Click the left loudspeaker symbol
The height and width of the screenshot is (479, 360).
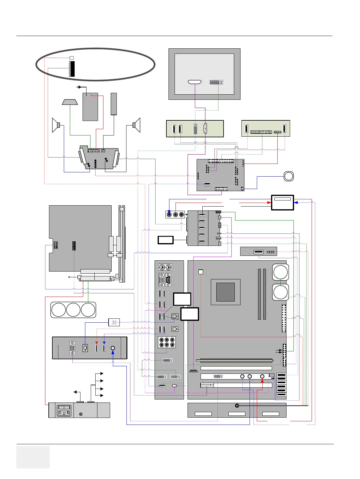[x=56, y=125]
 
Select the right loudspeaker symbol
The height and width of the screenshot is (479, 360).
[x=137, y=125]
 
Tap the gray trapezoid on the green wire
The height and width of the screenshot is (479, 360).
[x=70, y=102]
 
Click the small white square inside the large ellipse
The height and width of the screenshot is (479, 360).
[x=72, y=58]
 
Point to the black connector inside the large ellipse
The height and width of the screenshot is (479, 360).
[x=72, y=69]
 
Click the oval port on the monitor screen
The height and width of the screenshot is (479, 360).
[x=195, y=82]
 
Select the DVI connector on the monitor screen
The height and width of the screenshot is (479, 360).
[x=216, y=82]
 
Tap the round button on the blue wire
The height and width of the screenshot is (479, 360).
[x=289, y=176]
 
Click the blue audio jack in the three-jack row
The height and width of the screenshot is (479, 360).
[x=169, y=215]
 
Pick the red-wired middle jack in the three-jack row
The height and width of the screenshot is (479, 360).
[x=175, y=215]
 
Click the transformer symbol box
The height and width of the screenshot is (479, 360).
[x=114, y=322]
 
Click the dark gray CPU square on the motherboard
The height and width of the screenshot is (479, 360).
[x=225, y=292]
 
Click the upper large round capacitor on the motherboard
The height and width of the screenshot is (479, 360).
[x=280, y=272]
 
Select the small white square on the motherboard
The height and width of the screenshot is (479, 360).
[x=201, y=272]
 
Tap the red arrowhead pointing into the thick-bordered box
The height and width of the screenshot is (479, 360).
[x=269, y=203]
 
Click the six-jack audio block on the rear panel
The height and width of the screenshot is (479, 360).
[x=167, y=342]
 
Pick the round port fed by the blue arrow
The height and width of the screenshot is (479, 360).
[x=113, y=348]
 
